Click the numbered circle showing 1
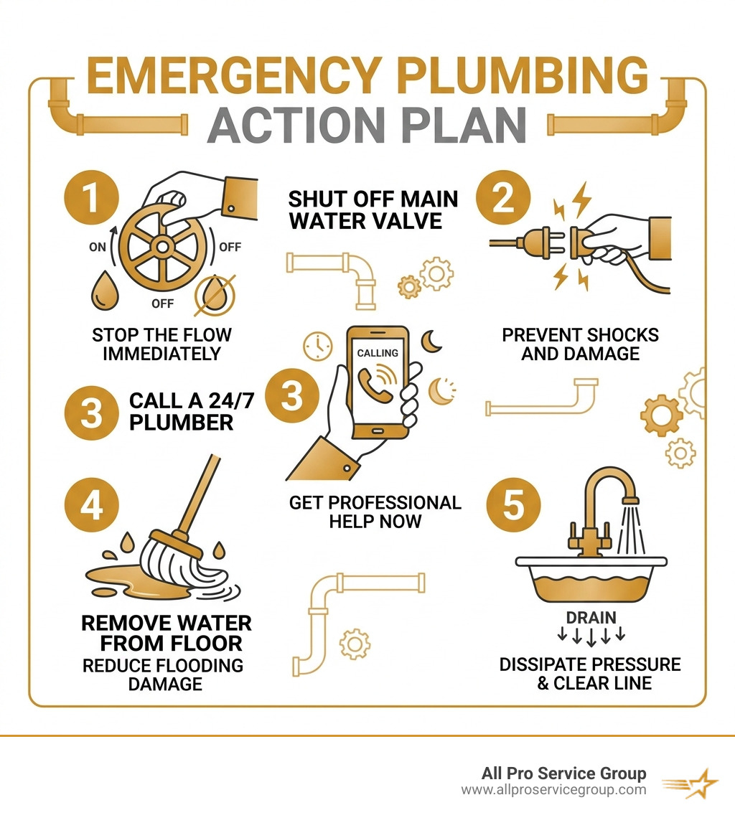(x=91, y=199)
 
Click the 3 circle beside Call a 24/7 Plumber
(x=91, y=413)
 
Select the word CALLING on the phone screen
(x=377, y=354)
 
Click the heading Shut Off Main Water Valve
(x=373, y=210)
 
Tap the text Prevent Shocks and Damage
(x=579, y=344)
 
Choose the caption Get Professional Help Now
(x=375, y=512)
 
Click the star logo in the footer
(x=692, y=782)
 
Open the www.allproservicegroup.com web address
(x=553, y=790)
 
